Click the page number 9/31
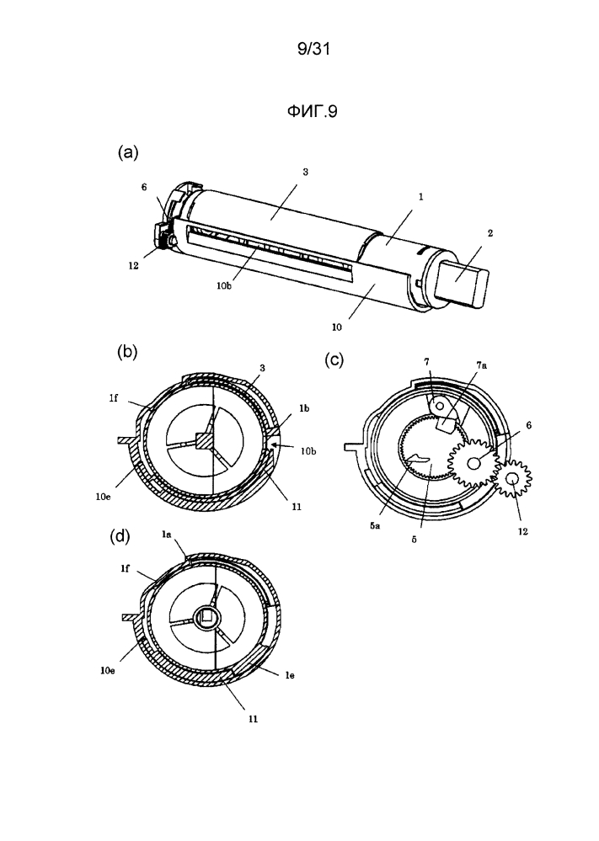[x=313, y=50]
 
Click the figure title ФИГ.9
[x=312, y=112]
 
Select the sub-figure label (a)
[x=128, y=152]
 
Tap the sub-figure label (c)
[x=334, y=360]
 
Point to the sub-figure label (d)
[x=120, y=537]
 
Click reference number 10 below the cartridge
[x=336, y=327]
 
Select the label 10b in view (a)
[x=224, y=286]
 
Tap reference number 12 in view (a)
[x=133, y=265]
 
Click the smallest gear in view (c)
[x=512, y=478]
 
